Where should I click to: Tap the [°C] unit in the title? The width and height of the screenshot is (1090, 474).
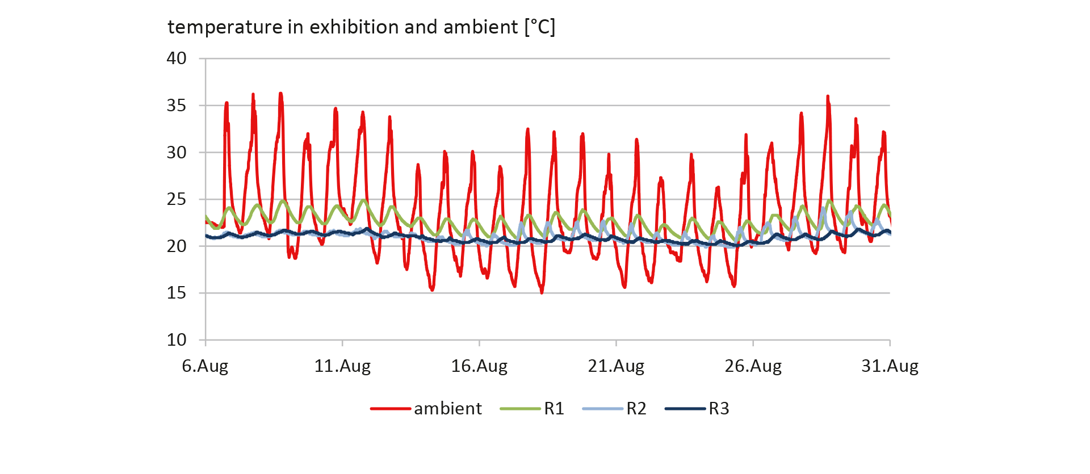click(x=539, y=27)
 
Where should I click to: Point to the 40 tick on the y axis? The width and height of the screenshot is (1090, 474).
click(x=177, y=58)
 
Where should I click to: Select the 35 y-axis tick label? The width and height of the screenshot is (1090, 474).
click(x=177, y=106)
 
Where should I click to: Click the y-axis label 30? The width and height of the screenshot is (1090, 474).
click(x=177, y=153)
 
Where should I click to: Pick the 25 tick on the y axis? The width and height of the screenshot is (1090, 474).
click(x=177, y=199)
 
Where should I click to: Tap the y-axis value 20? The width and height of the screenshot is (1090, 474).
click(x=177, y=246)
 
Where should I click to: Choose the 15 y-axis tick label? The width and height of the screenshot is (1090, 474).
click(x=177, y=293)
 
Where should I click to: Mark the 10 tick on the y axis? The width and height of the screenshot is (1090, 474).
click(x=177, y=340)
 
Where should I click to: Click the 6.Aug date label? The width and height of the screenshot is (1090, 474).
click(x=205, y=366)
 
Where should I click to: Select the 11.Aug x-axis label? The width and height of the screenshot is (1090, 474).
click(x=342, y=366)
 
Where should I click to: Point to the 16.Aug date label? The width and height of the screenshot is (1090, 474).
click(x=479, y=366)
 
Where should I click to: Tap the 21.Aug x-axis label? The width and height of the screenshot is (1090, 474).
click(x=616, y=366)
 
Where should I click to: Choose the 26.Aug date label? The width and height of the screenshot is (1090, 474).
click(x=753, y=366)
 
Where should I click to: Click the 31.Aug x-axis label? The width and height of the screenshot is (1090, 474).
click(x=890, y=366)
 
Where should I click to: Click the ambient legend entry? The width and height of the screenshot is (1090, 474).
click(x=447, y=409)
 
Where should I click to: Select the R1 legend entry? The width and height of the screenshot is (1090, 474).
click(x=554, y=409)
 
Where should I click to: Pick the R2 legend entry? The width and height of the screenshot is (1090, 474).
click(x=636, y=409)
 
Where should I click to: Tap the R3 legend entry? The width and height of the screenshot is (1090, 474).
click(x=718, y=409)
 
